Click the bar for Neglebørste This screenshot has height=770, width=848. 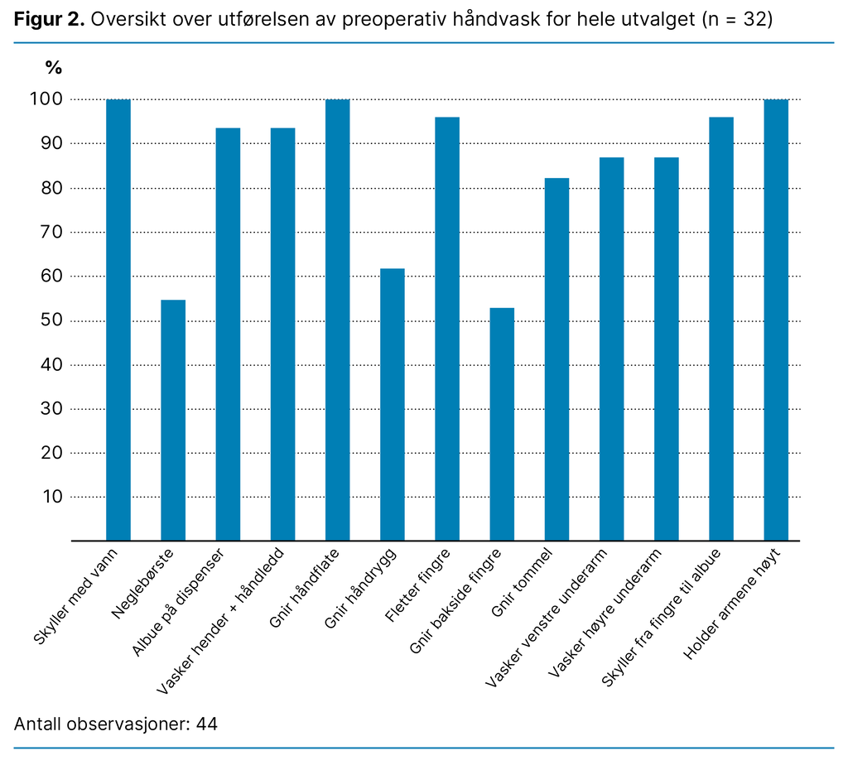173,420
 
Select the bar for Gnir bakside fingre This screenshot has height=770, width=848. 502,424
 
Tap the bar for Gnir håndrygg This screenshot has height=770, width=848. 393,404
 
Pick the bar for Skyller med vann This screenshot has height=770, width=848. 118,320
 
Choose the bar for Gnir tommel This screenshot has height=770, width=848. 556,359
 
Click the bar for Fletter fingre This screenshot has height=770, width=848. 447,329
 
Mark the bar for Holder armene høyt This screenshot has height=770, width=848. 776,320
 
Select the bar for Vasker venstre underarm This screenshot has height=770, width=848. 611,349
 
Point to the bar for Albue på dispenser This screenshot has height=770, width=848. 228,334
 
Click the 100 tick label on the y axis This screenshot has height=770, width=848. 46,99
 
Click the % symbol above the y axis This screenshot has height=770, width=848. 53,68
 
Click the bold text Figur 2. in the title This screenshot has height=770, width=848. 49,20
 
